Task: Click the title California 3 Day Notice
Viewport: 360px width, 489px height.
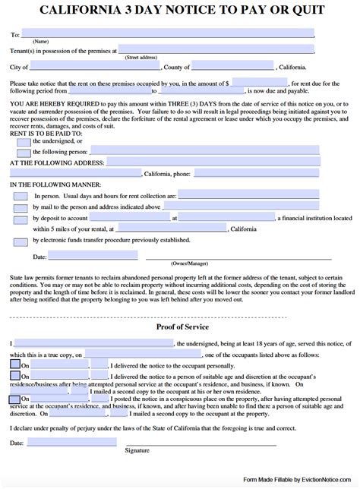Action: [180, 12]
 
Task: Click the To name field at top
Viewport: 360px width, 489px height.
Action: [167, 33]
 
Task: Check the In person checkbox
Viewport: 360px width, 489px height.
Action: [20, 196]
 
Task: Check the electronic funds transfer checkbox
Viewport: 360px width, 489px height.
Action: [20, 241]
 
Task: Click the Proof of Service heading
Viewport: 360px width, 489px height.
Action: [180, 327]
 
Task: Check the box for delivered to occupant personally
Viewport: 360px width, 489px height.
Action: [15, 364]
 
